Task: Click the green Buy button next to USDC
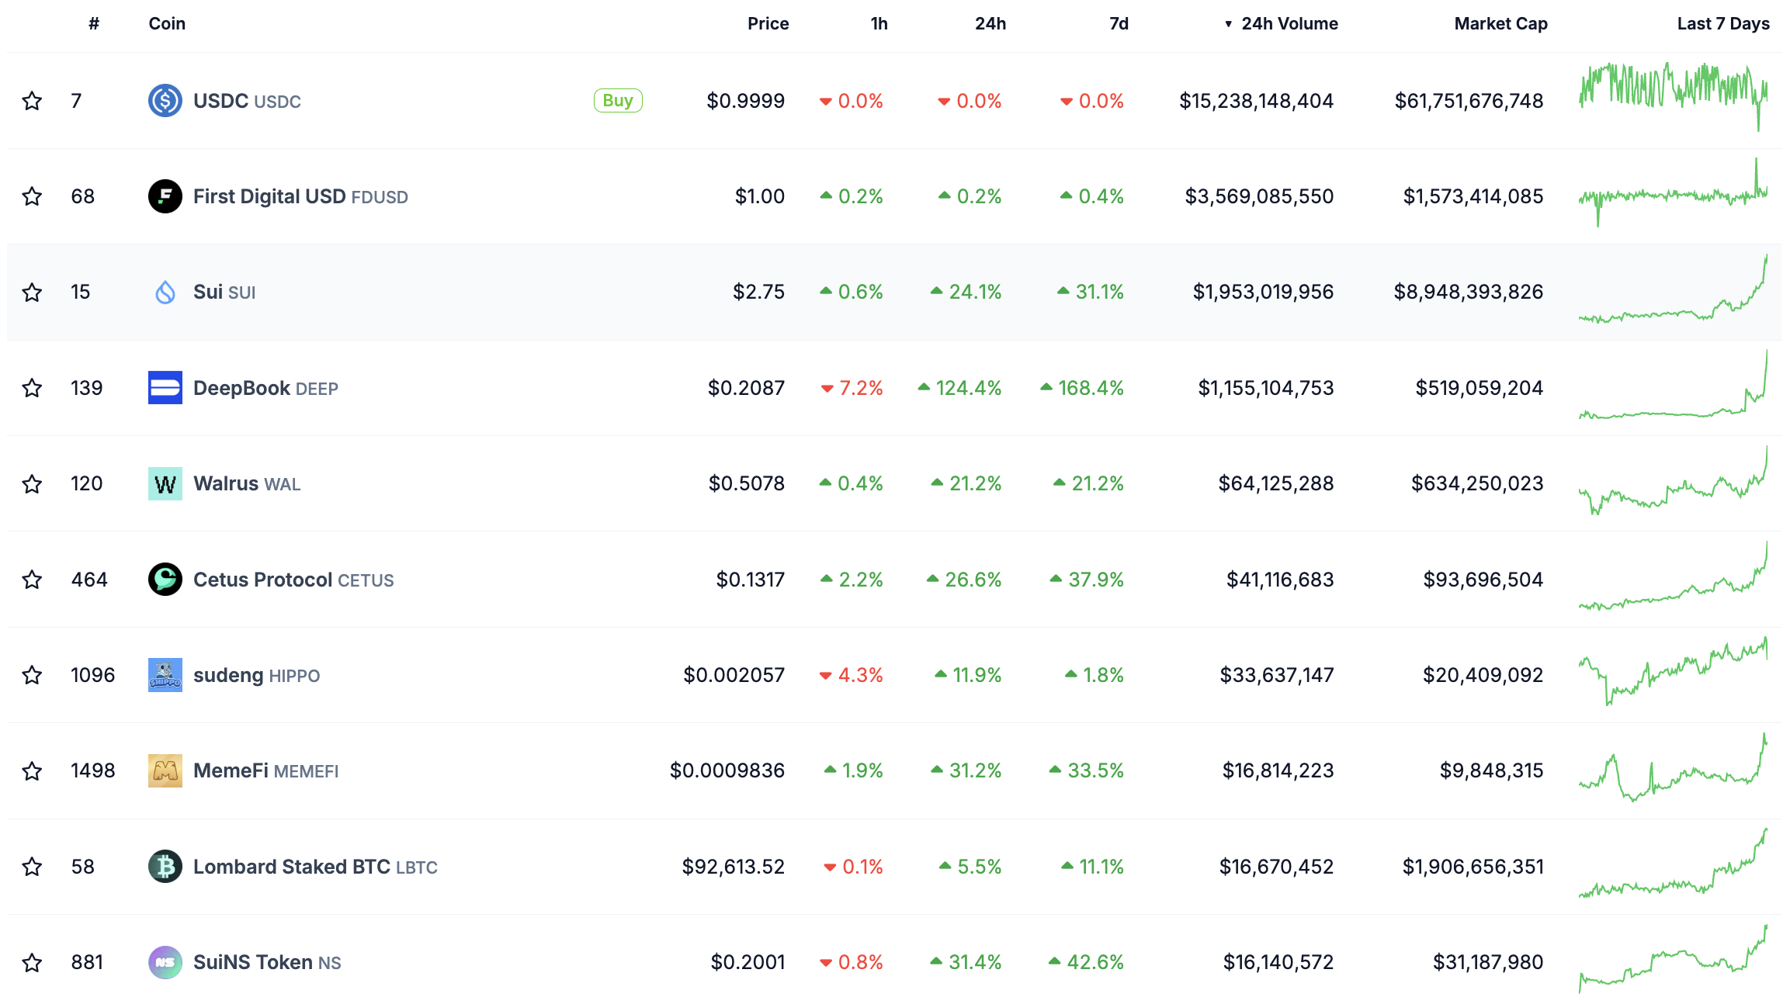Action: pos(618,101)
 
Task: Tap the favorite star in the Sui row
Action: pos(32,293)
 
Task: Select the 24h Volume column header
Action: pos(1289,24)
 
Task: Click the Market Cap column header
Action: pos(1500,24)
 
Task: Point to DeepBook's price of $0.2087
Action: pos(746,388)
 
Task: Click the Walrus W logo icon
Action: pos(165,484)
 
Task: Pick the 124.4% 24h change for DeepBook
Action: pos(967,388)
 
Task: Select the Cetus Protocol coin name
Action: pos(262,580)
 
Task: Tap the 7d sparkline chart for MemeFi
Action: pos(1673,770)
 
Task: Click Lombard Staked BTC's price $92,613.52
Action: pos(733,867)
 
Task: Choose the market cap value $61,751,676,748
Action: pos(1469,101)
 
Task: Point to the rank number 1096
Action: pos(92,675)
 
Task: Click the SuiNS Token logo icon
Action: pos(165,962)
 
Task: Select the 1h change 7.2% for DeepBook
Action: pos(860,388)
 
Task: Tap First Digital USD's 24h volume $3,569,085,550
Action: pos(1259,196)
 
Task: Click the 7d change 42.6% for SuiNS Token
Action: pos(1094,962)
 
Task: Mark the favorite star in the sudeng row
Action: pos(32,675)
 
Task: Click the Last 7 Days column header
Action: pos(1722,24)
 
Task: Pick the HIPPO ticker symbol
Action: pos(294,676)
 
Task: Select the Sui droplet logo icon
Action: pos(165,293)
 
